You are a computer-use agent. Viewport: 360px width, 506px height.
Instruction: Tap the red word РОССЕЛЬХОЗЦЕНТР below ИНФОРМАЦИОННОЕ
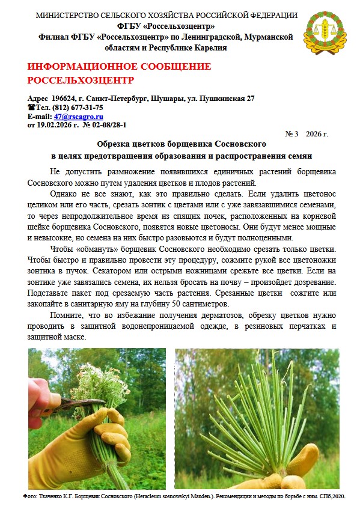[81, 79]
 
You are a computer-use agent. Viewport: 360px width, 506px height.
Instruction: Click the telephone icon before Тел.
[32, 108]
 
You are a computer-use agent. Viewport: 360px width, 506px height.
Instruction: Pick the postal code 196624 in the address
[65, 99]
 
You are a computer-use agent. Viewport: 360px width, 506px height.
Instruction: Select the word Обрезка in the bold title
[115, 145]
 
